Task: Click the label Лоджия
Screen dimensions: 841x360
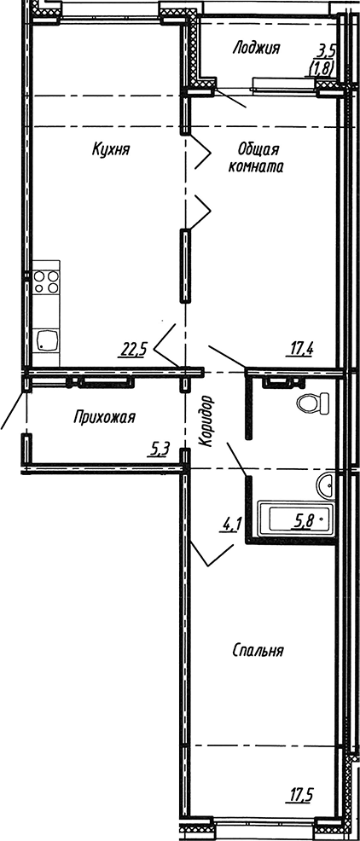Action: pos(256,49)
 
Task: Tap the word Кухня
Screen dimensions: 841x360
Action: pos(111,150)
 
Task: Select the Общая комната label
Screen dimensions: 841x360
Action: pos(256,159)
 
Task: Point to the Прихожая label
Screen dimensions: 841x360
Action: pos(105,417)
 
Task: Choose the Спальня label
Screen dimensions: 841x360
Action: pos(258,651)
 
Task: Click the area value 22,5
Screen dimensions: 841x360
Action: pos(135,347)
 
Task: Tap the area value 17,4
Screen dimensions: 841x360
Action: pos(304,347)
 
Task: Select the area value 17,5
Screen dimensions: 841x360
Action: pos(301,797)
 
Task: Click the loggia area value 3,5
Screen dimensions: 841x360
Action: pos(327,51)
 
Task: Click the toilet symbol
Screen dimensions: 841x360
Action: pos(311,402)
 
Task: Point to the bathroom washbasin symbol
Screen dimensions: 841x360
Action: pos(327,486)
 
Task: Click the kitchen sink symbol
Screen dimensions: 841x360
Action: pos(47,340)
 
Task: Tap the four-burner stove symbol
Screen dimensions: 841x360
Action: pos(45,282)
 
